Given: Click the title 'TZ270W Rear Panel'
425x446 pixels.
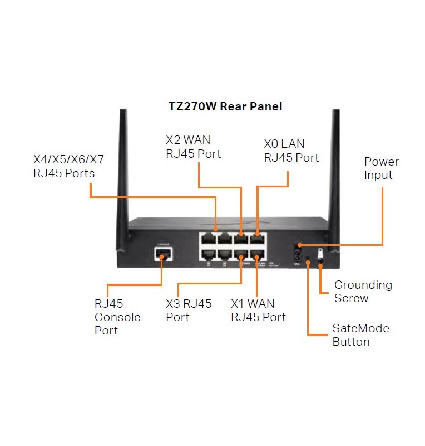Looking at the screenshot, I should point(225,106).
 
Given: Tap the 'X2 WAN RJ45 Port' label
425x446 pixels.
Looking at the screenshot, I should point(193,147).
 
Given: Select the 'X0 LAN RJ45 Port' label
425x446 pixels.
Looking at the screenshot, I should point(291,151).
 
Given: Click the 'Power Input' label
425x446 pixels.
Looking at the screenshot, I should point(381,168).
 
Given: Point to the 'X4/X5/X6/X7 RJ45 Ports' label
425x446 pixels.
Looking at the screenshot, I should point(68,166).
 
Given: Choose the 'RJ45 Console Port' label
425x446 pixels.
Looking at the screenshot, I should point(117,317).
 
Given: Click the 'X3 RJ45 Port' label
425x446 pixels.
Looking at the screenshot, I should point(189,311).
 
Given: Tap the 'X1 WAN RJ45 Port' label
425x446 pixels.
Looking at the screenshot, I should point(258,311).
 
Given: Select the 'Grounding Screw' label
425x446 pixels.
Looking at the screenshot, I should point(363,292).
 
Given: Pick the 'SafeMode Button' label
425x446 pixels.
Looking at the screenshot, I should point(360,334).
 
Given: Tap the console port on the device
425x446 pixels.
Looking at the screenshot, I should point(163,255).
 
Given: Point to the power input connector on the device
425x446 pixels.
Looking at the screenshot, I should point(298,251).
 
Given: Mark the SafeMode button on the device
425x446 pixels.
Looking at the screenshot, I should point(308,259).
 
